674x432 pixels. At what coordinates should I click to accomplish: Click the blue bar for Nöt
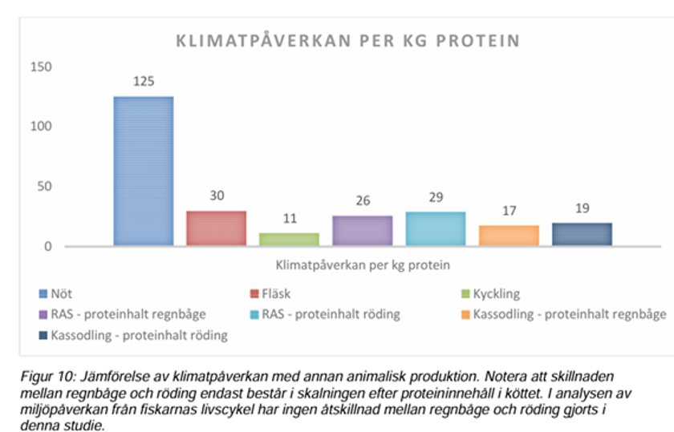coord(143,171)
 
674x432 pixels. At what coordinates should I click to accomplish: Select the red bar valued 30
coord(216,228)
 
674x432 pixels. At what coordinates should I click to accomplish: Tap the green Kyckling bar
coord(289,239)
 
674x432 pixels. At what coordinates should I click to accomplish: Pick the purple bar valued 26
coord(363,230)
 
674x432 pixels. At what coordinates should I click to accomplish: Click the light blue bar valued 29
coord(436,228)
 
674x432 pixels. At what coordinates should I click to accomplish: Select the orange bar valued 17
coord(509,236)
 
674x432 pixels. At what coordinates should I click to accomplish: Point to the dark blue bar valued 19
coord(582,234)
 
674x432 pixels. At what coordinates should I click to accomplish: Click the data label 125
coord(144,82)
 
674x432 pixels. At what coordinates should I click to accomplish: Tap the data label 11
coord(289,219)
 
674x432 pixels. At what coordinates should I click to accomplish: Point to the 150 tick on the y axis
coord(42,67)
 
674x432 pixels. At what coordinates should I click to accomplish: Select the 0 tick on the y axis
coord(48,246)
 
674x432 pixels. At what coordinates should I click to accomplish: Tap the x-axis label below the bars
coord(363,264)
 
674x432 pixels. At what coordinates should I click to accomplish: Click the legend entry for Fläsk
coord(277,294)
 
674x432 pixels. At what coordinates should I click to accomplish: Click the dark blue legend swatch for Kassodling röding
coord(43,335)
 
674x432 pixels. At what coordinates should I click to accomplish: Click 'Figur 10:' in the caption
coord(46,375)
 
